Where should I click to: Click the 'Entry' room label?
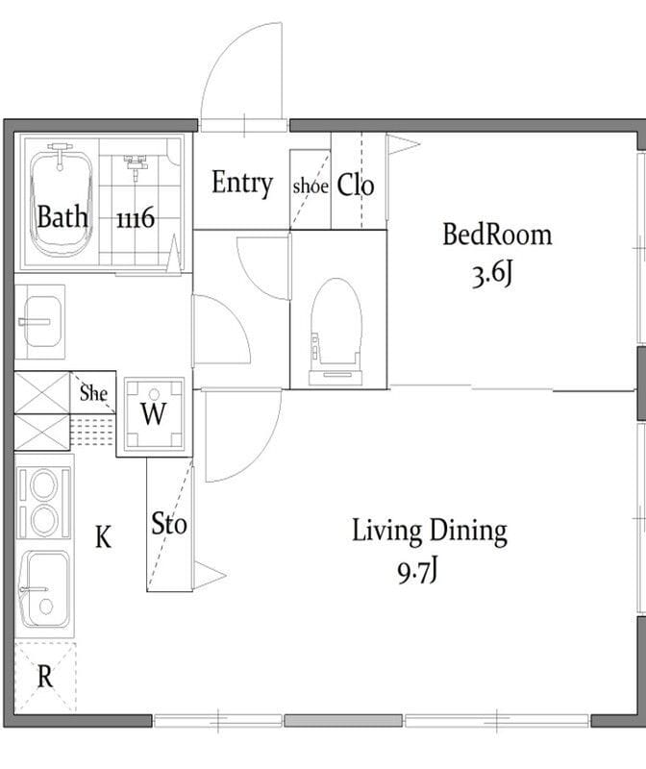[x=242, y=183]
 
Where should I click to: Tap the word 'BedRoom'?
[x=497, y=235]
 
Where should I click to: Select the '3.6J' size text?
[x=492, y=275]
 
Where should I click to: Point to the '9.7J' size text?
[x=417, y=571]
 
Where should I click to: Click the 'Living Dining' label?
[x=430, y=532]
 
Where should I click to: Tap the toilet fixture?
[x=336, y=332]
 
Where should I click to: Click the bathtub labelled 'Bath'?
[x=61, y=204]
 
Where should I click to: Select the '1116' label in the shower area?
[x=136, y=218]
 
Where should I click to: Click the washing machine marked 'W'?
[x=154, y=414]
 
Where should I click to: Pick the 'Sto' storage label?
[x=169, y=523]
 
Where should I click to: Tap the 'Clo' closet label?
[x=356, y=185]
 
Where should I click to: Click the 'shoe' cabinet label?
[x=311, y=186]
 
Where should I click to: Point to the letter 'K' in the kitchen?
[x=103, y=536]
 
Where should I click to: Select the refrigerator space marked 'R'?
[x=45, y=676]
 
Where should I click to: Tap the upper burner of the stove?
[x=43, y=484]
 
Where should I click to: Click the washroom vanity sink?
[x=39, y=321]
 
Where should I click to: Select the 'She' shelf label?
[x=93, y=393]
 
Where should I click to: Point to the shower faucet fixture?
[x=136, y=164]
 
